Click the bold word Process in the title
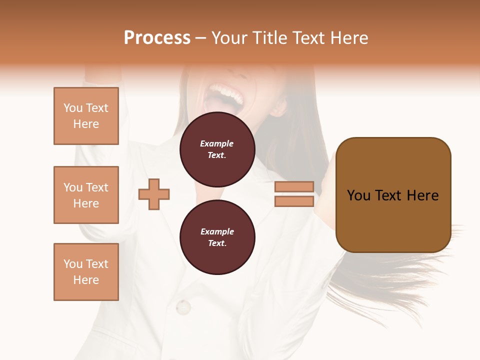[x=157, y=38]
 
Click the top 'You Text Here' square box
[x=86, y=116]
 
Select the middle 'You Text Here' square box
[x=86, y=195]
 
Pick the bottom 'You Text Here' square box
[x=86, y=272]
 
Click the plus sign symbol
[x=154, y=194]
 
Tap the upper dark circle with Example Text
[x=217, y=149]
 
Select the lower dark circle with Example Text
[x=217, y=237]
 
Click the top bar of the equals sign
[x=294, y=186]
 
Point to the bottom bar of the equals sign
[x=294, y=201]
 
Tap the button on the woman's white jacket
[x=183, y=306]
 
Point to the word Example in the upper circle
[x=217, y=144]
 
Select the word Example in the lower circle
[x=217, y=232]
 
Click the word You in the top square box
[x=73, y=108]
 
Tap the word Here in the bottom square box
[x=86, y=280]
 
